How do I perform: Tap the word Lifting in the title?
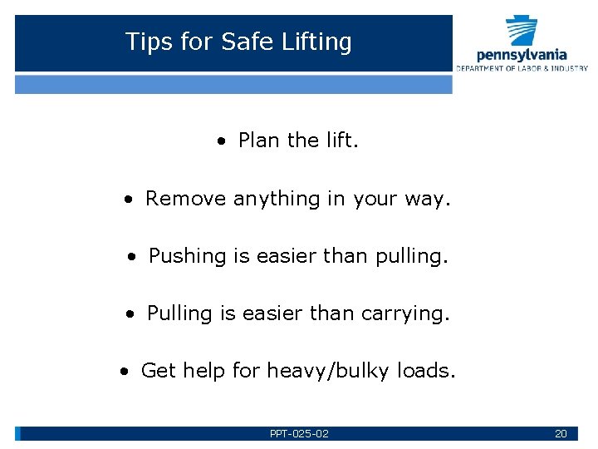coord(318,42)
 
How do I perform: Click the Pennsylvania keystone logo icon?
coord(522,31)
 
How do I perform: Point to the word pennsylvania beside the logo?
coord(522,56)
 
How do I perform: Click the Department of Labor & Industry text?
coord(522,68)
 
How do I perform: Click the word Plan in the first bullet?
coord(258,141)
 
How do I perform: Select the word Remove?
coord(186,199)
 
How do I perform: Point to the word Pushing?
coord(188,257)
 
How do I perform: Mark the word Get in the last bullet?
coord(159,370)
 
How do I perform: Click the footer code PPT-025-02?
coord(299,434)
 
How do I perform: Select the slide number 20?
coord(561,434)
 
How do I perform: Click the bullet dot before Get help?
coord(124,372)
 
